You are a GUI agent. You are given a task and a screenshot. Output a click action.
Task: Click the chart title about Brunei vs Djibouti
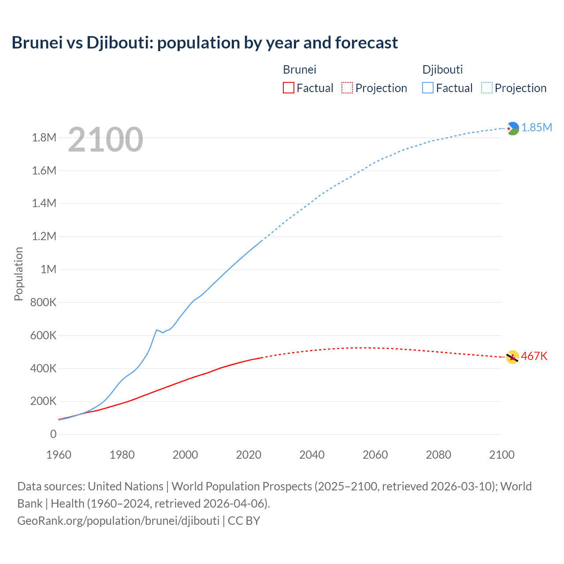pos(204,43)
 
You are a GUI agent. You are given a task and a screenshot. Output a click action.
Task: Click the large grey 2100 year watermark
pos(105,140)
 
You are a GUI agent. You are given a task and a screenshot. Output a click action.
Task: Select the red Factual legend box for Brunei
pos(288,88)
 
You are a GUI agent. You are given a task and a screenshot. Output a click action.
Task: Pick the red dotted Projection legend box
pos(347,88)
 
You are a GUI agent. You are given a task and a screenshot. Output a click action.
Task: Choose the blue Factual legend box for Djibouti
pos(427,88)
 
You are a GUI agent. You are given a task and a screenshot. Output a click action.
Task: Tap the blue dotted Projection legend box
pos(487,88)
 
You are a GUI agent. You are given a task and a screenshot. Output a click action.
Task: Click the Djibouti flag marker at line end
pos(512,128)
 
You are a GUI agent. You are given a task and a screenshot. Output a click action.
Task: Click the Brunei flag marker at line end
pos(512,357)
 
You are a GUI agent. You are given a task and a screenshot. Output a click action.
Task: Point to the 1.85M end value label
pos(537,128)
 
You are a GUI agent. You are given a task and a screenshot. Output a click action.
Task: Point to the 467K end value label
pos(534,356)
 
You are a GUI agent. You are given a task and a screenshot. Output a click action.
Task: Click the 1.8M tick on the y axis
pos(44,138)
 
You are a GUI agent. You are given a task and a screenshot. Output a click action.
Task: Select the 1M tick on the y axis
pos(48,269)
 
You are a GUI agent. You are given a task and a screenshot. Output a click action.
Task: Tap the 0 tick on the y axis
pos(53,434)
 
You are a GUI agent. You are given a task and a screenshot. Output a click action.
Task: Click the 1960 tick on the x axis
pos(59,455)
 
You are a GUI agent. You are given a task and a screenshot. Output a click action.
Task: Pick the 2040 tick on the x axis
pos(312,455)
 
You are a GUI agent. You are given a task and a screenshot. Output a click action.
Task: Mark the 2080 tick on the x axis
pos(438,455)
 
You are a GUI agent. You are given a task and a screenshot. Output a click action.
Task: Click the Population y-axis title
pos(19,274)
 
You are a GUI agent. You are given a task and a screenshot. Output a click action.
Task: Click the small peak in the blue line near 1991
pos(156,330)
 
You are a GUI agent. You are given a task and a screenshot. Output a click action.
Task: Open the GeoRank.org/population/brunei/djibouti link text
pos(118,521)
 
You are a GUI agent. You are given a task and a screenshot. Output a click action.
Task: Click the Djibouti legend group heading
pos(442,70)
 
